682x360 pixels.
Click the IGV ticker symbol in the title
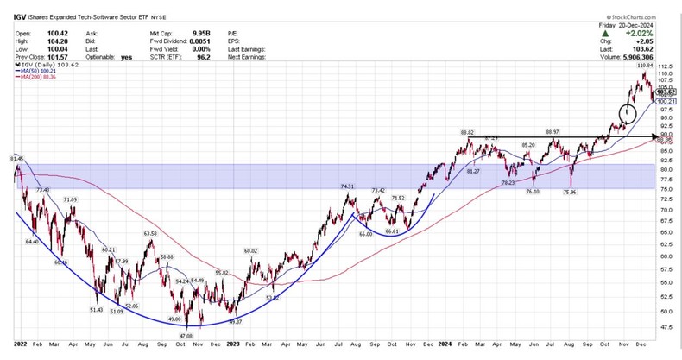(x=18, y=16)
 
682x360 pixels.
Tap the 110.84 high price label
(x=644, y=66)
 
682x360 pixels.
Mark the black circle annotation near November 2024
(x=628, y=112)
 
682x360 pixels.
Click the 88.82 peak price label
(x=468, y=132)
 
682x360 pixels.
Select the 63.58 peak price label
(x=150, y=233)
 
